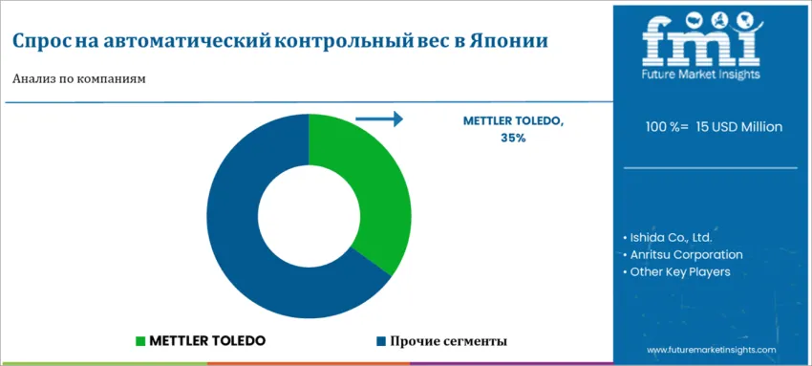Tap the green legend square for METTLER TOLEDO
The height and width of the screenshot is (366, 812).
coord(140,340)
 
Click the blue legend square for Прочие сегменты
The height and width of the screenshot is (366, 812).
coord(380,340)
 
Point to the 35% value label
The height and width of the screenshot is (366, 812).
coord(513,138)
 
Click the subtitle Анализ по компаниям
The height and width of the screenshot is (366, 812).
coord(78,79)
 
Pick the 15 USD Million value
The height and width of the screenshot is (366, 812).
coord(739,126)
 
